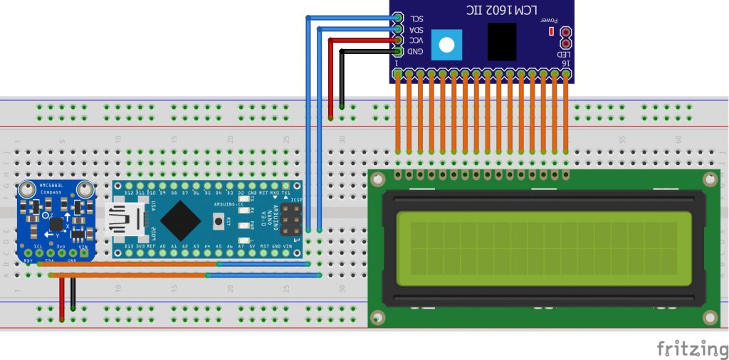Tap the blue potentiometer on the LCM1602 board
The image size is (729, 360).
[446, 44]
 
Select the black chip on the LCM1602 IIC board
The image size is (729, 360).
[502, 42]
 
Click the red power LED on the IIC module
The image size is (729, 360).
[550, 31]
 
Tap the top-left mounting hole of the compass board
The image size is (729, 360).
[28, 190]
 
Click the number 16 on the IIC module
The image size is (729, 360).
[565, 63]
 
